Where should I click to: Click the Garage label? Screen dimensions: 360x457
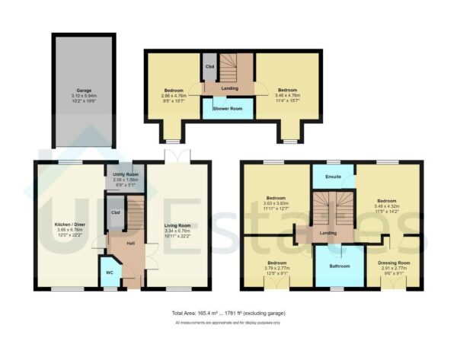click(83, 89)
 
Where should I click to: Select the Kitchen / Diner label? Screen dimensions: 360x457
click(69, 225)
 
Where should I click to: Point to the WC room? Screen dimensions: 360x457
click(109, 271)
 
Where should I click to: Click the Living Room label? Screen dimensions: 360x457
click(177, 225)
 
